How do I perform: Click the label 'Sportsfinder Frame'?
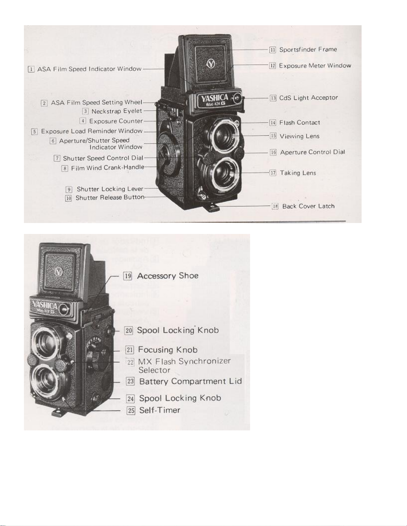tap(308, 49)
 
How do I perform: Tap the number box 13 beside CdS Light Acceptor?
tap(273, 98)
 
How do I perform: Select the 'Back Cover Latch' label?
tap(308, 206)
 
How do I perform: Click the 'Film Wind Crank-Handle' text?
tap(108, 168)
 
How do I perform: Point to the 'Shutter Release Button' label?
tap(110, 198)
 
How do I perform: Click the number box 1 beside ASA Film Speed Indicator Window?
tap(31, 69)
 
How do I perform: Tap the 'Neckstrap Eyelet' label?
tap(117, 111)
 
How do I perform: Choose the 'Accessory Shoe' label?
tap(168, 276)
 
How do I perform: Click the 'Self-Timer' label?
tap(160, 410)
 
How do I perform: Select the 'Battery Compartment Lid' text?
tap(190, 381)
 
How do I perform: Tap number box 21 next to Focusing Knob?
tap(130, 350)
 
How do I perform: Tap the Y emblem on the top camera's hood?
tap(211, 63)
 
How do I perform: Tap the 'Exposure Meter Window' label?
tap(315, 66)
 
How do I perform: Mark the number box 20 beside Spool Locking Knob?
tap(129, 331)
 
